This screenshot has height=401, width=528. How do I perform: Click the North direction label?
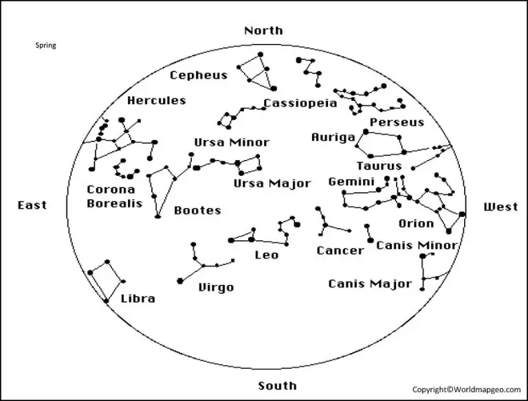(x=263, y=30)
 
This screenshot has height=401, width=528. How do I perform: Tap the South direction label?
(x=277, y=385)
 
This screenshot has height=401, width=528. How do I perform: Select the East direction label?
(x=32, y=205)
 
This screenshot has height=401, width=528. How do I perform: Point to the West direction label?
(x=501, y=207)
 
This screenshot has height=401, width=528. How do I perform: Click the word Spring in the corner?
(x=45, y=46)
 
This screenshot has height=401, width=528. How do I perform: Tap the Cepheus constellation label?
(x=198, y=76)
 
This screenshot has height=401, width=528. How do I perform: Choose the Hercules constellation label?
(x=157, y=100)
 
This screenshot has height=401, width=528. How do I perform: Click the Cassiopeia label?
(x=300, y=104)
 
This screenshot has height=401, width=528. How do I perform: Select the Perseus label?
(x=397, y=122)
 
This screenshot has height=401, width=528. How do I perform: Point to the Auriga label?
(x=333, y=137)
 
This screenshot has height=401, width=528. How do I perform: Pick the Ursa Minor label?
(x=231, y=142)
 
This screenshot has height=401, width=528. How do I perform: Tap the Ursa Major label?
(x=272, y=183)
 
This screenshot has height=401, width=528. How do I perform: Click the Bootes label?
(x=197, y=210)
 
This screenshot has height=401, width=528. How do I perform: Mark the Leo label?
(x=267, y=255)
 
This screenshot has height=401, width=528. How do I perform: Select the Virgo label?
(x=216, y=287)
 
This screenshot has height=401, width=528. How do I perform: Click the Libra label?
(x=137, y=299)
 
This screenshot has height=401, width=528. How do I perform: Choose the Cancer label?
(x=340, y=251)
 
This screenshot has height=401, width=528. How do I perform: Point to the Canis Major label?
(x=370, y=284)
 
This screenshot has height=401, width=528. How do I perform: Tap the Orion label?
(x=416, y=223)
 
